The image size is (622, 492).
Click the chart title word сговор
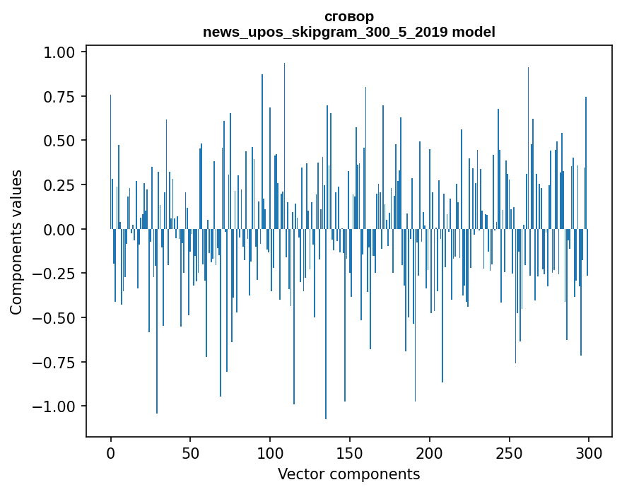pyautogui.click(x=348, y=16)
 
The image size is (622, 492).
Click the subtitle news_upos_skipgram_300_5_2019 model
pyautogui.click(x=348, y=32)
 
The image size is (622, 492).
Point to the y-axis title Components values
pyautogui.click(x=16, y=242)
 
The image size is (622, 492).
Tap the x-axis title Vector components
pyautogui.click(x=348, y=474)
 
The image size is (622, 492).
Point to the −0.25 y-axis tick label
pyautogui.click(x=55, y=274)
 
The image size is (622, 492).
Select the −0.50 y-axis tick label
pyautogui.click(x=55, y=317)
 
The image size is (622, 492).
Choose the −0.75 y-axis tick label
pyautogui.click(x=55, y=362)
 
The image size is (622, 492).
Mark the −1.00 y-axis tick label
pyautogui.click(x=55, y=406)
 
